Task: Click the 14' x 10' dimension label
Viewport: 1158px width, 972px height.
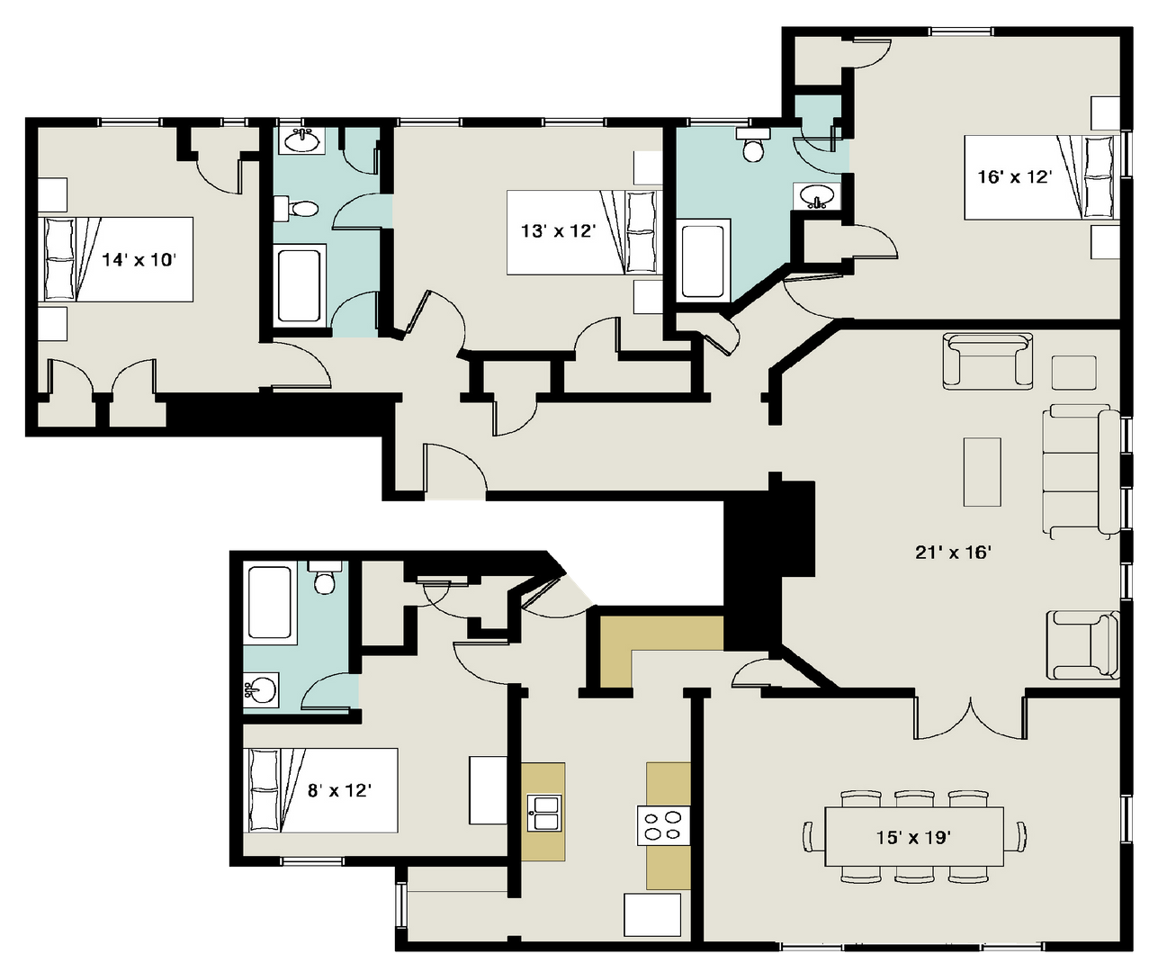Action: pos(139,259)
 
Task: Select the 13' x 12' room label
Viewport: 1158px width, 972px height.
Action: pos(558,230)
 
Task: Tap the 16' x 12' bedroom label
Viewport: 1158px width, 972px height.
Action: pos(1014,177)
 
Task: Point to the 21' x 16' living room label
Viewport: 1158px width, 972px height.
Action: pos(953,553)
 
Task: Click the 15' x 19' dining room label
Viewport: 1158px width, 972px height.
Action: pos(913,837)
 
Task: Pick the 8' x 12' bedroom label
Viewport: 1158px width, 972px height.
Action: pos(339,790)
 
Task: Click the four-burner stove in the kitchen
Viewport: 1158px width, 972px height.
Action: pos(663,826)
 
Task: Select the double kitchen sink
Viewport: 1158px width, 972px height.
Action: pos(544,813)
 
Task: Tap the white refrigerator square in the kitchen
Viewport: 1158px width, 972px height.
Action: pos(652,914)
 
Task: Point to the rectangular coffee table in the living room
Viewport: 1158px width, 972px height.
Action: pos(983,472)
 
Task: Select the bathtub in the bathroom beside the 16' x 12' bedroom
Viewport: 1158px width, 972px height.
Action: pos(704,259)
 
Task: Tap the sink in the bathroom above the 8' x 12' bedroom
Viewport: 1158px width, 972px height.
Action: pos(261,690)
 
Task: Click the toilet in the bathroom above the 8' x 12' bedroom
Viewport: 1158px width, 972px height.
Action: pos(324,578)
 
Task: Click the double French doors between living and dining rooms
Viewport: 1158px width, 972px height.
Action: pos(971,717)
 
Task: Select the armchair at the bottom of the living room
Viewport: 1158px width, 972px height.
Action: pos(1082,644)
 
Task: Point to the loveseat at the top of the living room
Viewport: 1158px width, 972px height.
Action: pos(988,361)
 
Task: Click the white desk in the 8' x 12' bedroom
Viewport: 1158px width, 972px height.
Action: pos(488,790)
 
